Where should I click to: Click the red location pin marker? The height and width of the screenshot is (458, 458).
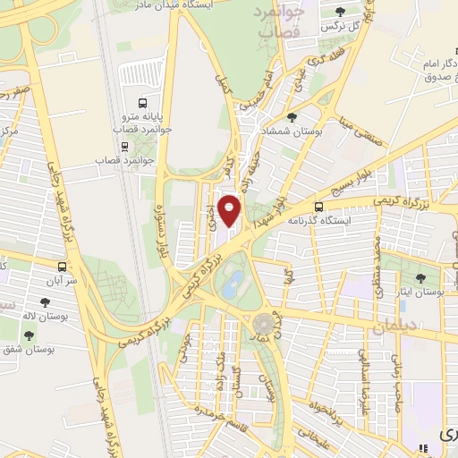click(x=231, y=211)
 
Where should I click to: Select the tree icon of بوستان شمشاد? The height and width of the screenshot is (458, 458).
click(x=291, y=118)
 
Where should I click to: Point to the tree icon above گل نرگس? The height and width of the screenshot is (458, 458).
click(x=339, y=12)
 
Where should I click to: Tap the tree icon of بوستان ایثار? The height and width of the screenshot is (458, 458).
click(x=421, y=278)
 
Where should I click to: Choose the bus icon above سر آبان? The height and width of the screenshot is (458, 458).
click(x=62, y=266)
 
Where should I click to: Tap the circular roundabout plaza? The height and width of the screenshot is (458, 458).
click(x=265, y=323)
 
